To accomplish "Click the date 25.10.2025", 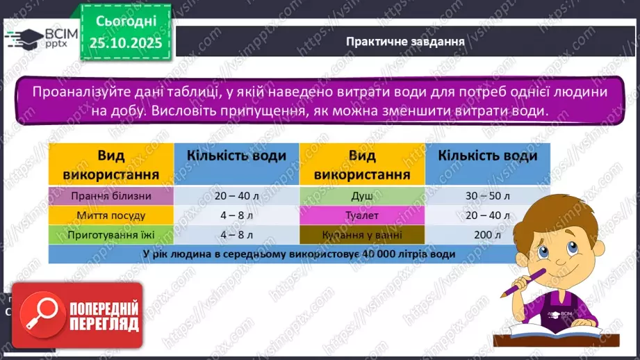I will pyautogui.click(x=126, y=43).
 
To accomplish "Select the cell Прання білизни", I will pyautogui.click(x=110, y=196).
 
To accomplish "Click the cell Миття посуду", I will pyautogui.click(x=110, y=215).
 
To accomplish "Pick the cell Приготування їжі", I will pyautogui.click(x=110, y=235).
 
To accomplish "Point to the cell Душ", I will pyautogui.click(x=362, y=196).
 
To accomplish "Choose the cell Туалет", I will pyautogui.click(x=362, y=215).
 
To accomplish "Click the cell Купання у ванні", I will pyautogui.click(x=362, y=235).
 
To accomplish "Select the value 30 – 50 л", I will pyautogui.click(x=487, y=196).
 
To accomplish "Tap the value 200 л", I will pyautogui.click(x=487, y=235).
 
